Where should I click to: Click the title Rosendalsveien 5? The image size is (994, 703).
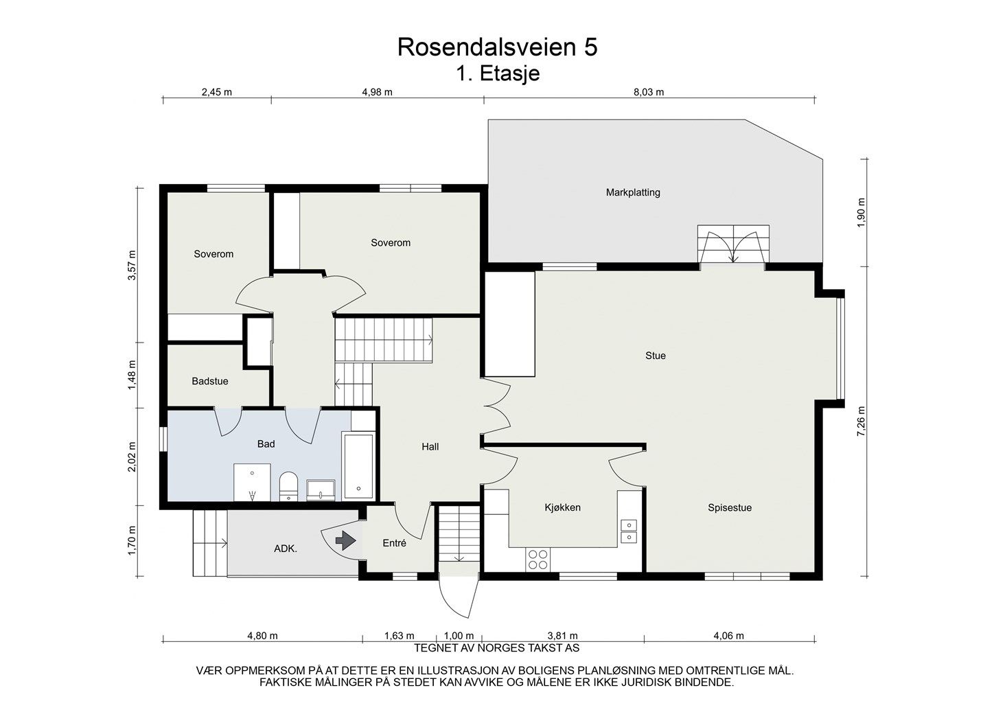click(x=497, y=47)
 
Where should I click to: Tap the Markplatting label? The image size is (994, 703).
click(x=632, y=192)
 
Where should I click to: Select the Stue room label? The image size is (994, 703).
click(x=655, y=356)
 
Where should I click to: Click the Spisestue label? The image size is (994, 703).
click(x=729, y=508)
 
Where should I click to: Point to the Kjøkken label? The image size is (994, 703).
click(x=562, y=507)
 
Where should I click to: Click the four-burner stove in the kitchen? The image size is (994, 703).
click(x=538, y=559)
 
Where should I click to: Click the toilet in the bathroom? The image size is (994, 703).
click(x=288, y=485)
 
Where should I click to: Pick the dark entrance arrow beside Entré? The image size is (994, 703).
click(x=345, y=542)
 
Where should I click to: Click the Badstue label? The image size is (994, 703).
click(x=209, y=381)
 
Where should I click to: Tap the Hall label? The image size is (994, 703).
click(x=430, y=446)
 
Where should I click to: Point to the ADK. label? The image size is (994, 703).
click(x=286, y=549)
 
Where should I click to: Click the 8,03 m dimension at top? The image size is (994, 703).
click(x=649, y=92)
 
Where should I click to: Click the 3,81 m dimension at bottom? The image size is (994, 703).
click(x=562, y=636)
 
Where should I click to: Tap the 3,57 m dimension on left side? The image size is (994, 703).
click(x=132, y=264)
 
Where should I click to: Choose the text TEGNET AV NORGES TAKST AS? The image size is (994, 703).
click(x=496, y=648)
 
